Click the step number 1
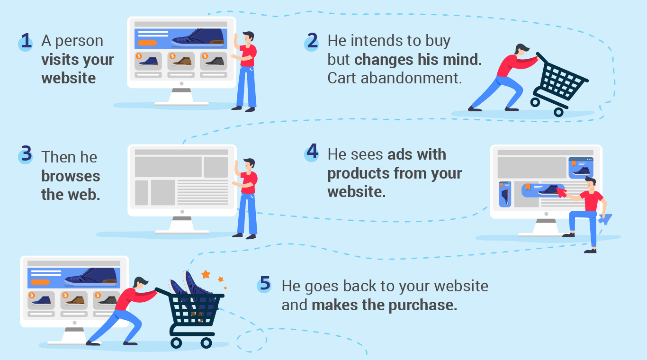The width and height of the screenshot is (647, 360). [27, 41]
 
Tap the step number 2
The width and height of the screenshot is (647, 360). [312, 41]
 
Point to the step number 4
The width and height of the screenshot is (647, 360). [312, 151]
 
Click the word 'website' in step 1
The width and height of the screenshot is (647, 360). [68, 78]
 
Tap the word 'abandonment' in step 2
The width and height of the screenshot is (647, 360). [411, 78]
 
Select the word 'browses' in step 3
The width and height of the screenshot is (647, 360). [71, 176]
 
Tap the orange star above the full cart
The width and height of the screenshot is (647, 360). [206, 274]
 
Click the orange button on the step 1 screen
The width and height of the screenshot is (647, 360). [147, 43]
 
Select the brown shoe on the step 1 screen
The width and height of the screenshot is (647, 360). [181, 61]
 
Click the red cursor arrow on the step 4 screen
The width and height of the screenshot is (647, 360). [561, 192]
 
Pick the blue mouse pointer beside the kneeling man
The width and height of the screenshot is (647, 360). [605, 219]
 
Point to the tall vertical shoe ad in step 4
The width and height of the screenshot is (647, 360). [505, 194]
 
